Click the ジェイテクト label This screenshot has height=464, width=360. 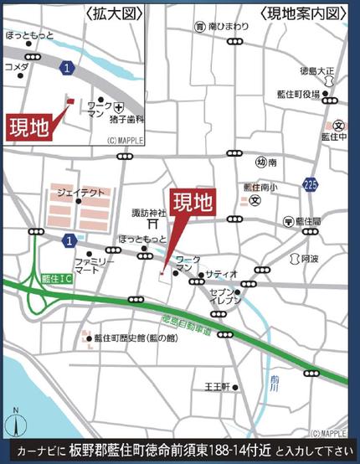pos(81,192)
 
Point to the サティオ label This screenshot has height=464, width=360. pos(222,274)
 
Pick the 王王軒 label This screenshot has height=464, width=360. pos(217,387)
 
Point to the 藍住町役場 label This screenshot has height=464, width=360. pos(298,95)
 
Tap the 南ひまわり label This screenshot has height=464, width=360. pos(227,27)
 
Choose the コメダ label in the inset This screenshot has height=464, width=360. pos(16,66)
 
